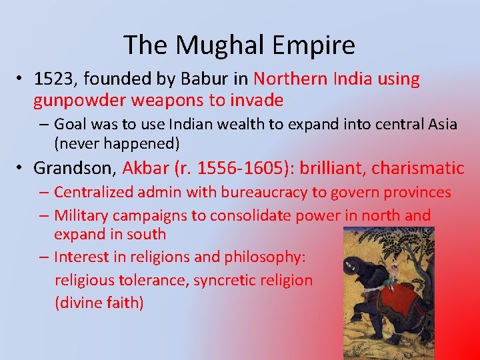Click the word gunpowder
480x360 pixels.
coord(79,101)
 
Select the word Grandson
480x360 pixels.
coord(70,167)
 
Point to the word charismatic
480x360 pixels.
coord(418,167)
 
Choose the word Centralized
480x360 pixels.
coord(94,193)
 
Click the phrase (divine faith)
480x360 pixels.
coord(99,303)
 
